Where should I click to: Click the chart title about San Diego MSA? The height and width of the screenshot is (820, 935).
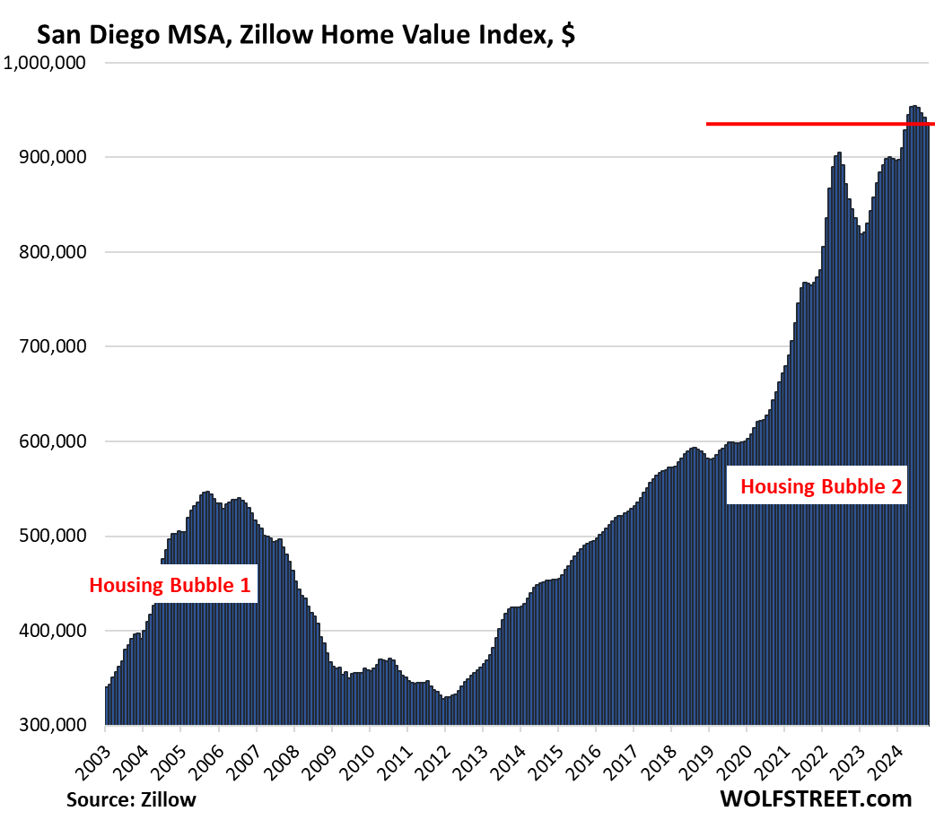click(305, 36)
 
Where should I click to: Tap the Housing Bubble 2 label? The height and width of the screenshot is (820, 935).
click(820, 488)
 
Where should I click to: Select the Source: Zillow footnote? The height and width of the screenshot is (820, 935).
click(131, 798)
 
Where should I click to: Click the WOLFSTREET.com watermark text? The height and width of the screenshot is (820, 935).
click(815, 798)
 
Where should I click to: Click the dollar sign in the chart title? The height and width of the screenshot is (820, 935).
click(567, 36)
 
